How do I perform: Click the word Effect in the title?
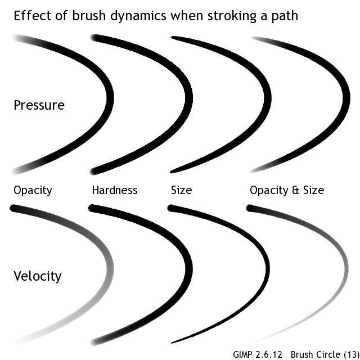point(30,15)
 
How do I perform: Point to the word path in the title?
point(283,16)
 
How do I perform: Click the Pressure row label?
point(39,105)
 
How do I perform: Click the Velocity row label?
point(37,276)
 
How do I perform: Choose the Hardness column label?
point(115,190)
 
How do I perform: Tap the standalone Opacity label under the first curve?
point(33,191)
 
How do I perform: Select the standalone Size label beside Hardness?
point(181,190)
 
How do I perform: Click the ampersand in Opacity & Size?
point(296,190)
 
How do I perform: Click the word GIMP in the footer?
point(244,354)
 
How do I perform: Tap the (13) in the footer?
point(349,354)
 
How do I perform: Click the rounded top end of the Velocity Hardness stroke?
point(93,209)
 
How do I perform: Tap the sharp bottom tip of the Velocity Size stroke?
point(172,342)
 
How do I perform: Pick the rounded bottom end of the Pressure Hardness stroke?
point(94,170)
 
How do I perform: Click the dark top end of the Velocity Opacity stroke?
point(13,209)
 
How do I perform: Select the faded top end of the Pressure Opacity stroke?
point(15,38)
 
